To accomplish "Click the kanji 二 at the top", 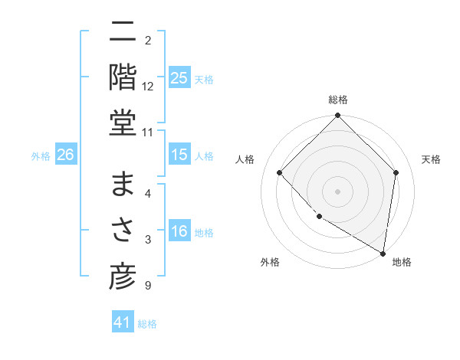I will pos(123,31).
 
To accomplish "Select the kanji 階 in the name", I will pos(123,77).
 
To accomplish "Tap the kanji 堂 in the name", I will pos(123,123).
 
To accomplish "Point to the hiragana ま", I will pos(123,185).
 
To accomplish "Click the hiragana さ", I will pos(123,231).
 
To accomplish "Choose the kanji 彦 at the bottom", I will pos(123,277).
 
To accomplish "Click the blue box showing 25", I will pos(179,78).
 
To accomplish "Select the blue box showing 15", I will pos(179,155).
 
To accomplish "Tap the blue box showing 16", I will pos(179,232).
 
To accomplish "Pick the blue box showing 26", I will pos(65,155).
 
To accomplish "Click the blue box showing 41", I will pos(123,323).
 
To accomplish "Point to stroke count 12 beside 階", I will pos(148,87).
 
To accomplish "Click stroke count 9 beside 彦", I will pos(148,286).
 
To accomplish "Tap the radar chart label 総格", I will pos(338,100).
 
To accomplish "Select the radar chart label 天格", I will pos(431,159).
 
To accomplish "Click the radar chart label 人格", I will pos(245,159).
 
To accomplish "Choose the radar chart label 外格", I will pos(269,262).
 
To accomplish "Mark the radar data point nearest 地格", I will pos(383,253).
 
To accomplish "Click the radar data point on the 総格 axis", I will pos(338,116).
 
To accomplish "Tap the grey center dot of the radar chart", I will pos(338,191).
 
